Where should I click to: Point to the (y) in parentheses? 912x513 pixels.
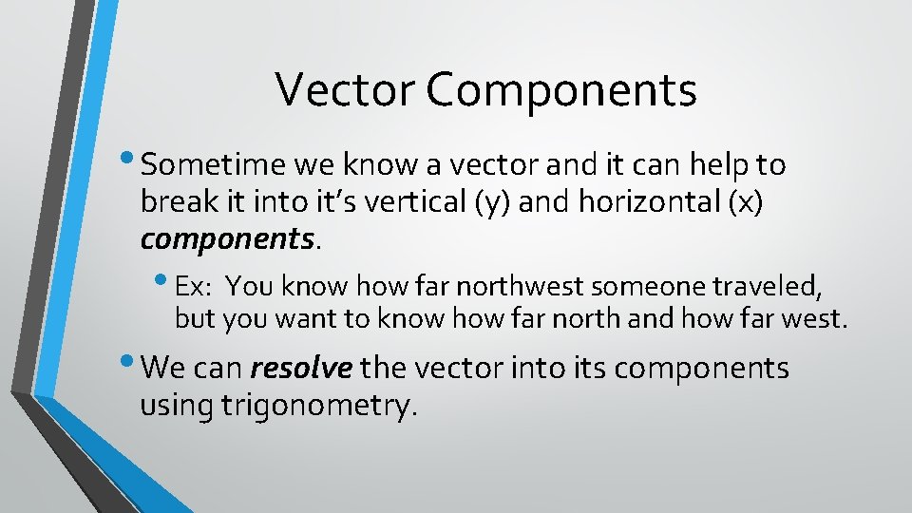pyautogui.click(x=505, y=204)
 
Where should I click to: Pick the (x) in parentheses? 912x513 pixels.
pyautogui.click(x=745, y=204)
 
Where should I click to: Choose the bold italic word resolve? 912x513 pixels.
pyautogui.click(x=302, y=368)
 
